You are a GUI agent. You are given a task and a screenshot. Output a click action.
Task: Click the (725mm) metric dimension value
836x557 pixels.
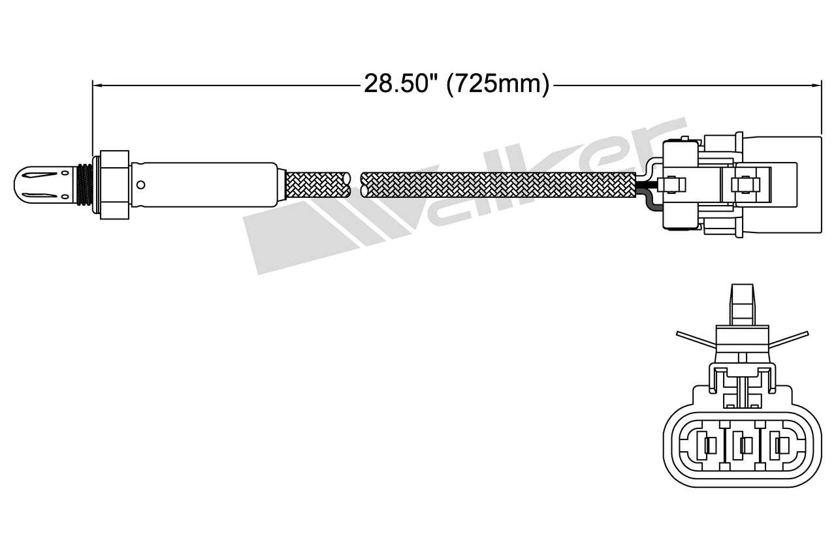pyautogui.click(x=498, y=84)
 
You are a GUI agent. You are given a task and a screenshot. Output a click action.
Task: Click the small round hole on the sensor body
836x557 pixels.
pyautogui.click(x=140, y=185)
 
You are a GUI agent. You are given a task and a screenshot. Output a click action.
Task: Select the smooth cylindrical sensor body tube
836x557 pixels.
pyautogui.click(x=209, y=185)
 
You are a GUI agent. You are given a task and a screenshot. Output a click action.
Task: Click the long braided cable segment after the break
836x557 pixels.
pyautogui.click(x=496, y=185)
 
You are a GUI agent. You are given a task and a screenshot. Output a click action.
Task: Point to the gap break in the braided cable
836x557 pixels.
pyautogui.click(x=355, y=185)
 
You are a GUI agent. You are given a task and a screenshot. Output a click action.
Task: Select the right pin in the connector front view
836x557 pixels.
pyautogui.click(x=777, y=446)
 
